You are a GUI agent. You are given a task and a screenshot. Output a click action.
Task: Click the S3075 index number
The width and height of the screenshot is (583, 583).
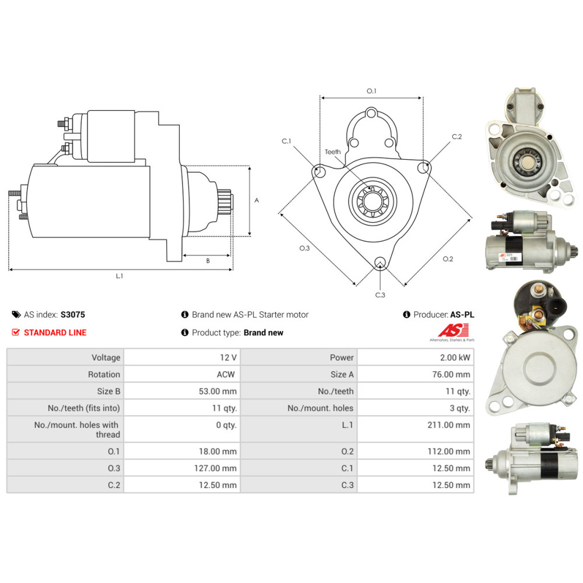pyautogui.click(x=73, y=315)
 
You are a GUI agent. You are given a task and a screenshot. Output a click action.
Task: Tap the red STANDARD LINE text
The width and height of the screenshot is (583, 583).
pyautogui.click(x=55, y=332)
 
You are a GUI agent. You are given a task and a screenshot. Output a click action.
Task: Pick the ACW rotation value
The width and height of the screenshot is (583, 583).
pyautogui.click(x=226, y=374)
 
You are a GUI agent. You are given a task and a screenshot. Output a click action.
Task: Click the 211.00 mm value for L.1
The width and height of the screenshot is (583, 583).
pyautogui.click(x=449, y=424)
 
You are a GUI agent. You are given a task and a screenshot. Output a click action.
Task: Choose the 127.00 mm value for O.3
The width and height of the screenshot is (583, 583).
pyautogui.click(x=215, y=468)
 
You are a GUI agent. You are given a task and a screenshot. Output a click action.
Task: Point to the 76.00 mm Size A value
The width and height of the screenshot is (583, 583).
pyautogui.click(x=451, y=374)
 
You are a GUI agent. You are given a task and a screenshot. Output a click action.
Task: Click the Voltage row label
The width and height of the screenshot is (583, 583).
pyautogui.click(x=106, y=357)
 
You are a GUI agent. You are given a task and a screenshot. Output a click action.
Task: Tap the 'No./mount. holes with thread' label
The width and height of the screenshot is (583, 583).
pyautogui.click(x=77, y=430)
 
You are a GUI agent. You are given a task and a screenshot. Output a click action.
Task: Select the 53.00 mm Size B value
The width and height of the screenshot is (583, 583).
pyautogui.click(x=217, y=391)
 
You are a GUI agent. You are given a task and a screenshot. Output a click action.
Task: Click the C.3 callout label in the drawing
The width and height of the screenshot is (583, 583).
pyautogui.click(x=380, y=295)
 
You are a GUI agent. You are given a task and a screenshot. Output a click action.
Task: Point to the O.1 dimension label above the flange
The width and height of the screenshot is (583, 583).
pyautogui.click(x=371, y=91)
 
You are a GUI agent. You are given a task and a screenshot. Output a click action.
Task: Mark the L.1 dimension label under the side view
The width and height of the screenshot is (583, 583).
pyautogui.click(x=120, y=276)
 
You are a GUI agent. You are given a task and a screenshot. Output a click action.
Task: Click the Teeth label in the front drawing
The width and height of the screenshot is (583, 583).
pyautogui.click(x=332, y=152)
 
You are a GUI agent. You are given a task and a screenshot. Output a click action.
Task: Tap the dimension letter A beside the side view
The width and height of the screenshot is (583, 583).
pyautogui.click(x=257, y=201)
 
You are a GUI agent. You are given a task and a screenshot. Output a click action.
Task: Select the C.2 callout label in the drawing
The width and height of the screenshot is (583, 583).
pyautogui.click(x=457, y=136)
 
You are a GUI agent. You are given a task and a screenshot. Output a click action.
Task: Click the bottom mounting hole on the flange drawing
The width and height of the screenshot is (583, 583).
pyautogui.click(x=380, y=262)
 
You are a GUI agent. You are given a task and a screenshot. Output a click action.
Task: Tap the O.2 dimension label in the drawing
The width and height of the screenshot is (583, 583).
pyautogui.click(x=448, y=259)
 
